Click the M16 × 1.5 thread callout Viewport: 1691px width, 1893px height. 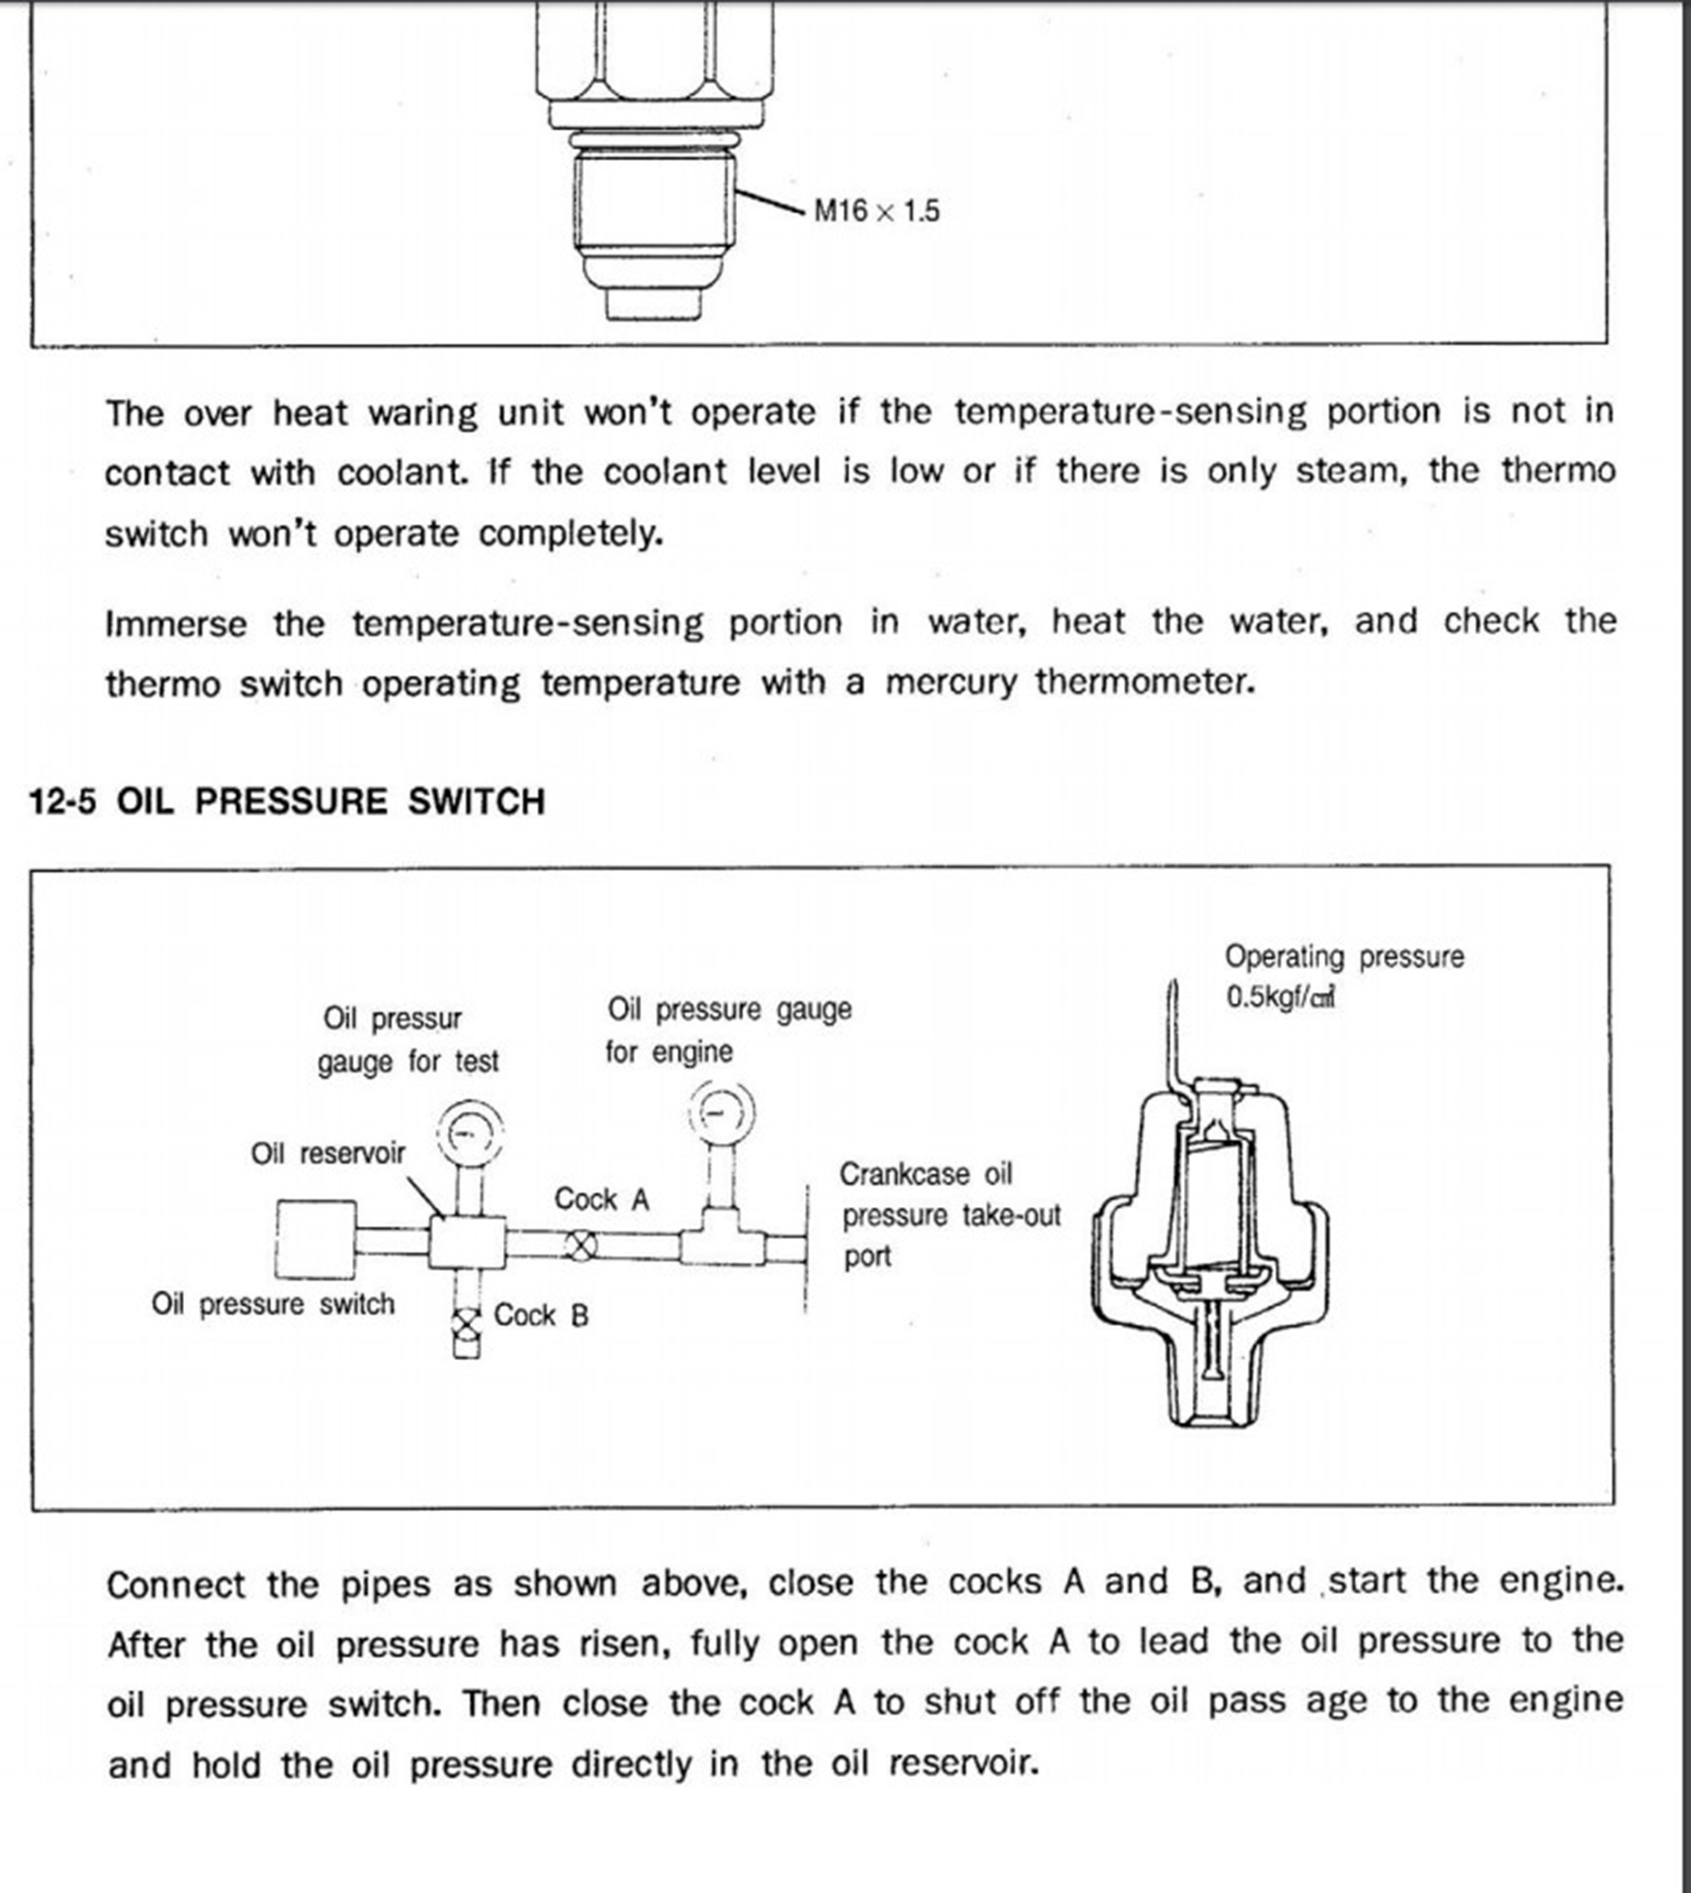pyautogui.click(x=875, y=211)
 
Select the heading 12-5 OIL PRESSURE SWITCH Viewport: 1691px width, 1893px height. pyautogui.click(x=287, y=802)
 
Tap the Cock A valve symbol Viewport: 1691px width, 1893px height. pyautogui.click(x=579, y=1245)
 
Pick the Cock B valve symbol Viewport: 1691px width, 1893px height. pyautogui.click(x=466, y=1322)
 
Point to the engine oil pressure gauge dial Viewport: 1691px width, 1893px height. pyautogui.click(x=721, y=1112)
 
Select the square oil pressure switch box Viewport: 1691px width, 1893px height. pyautogui.click(x=315, y=1239)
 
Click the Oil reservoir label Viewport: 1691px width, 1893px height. pyautogui.click(x=328, y=1153)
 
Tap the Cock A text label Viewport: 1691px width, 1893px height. pyautogui.click(x=601, y=1199)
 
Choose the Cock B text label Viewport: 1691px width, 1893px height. pyautogui.click(x=541, y=1316)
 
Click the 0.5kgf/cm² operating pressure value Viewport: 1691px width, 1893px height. pyautogui.click(x=1280, y=997)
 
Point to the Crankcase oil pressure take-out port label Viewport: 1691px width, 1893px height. pyautogui.click(x=949, y=1215)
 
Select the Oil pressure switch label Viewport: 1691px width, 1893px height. pyautogui.click(x=273, y=1304)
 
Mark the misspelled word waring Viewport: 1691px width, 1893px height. pyautogui.click(x=423, y=414)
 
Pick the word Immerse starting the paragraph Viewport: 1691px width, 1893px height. pyautogui.click(x=176, y=624)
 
